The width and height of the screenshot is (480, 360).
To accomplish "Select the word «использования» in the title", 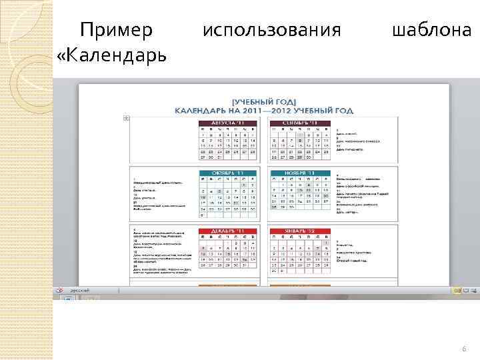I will [271, 30].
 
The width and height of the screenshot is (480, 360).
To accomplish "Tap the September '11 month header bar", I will [299, 123].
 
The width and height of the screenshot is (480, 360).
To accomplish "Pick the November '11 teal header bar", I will [299, 172].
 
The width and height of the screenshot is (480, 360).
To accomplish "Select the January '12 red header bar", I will [299, 231].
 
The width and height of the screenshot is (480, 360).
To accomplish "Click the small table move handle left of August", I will [126, 118].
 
